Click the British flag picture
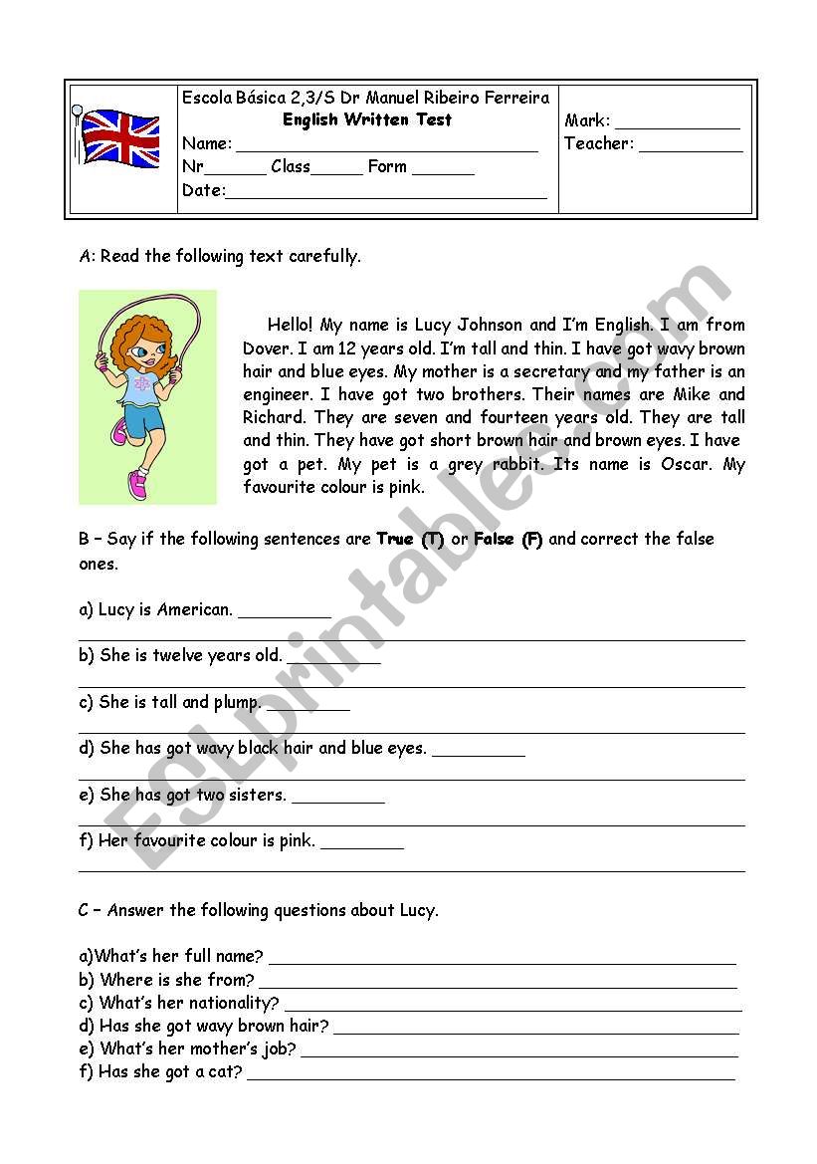pyautogui.click(x=118, y=138)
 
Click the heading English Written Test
pyautogui.click(x=366, y=119)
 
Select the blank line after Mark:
pyautogui.click(x=677, y=122)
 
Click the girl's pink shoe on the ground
pyautogui.click(x=136, y=485)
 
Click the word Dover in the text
pyautogui.click(x=265, y=349)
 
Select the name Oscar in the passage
pyautogui.click(x=686, y=464)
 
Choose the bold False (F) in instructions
pyautogui.click(x=508, y=540)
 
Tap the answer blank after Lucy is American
pyautogui.click(x=285, y=612)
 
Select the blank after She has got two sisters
pyautogui.click(x=337, y=798)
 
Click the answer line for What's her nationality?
pyautogui.click(x=511, y=1006)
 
